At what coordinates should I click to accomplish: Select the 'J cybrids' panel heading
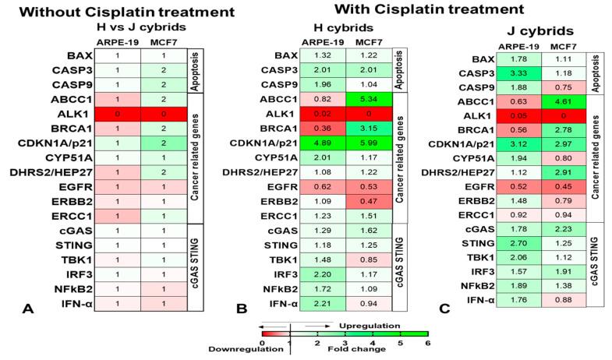(525, 34)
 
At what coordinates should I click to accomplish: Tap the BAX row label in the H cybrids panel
(270, 55)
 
